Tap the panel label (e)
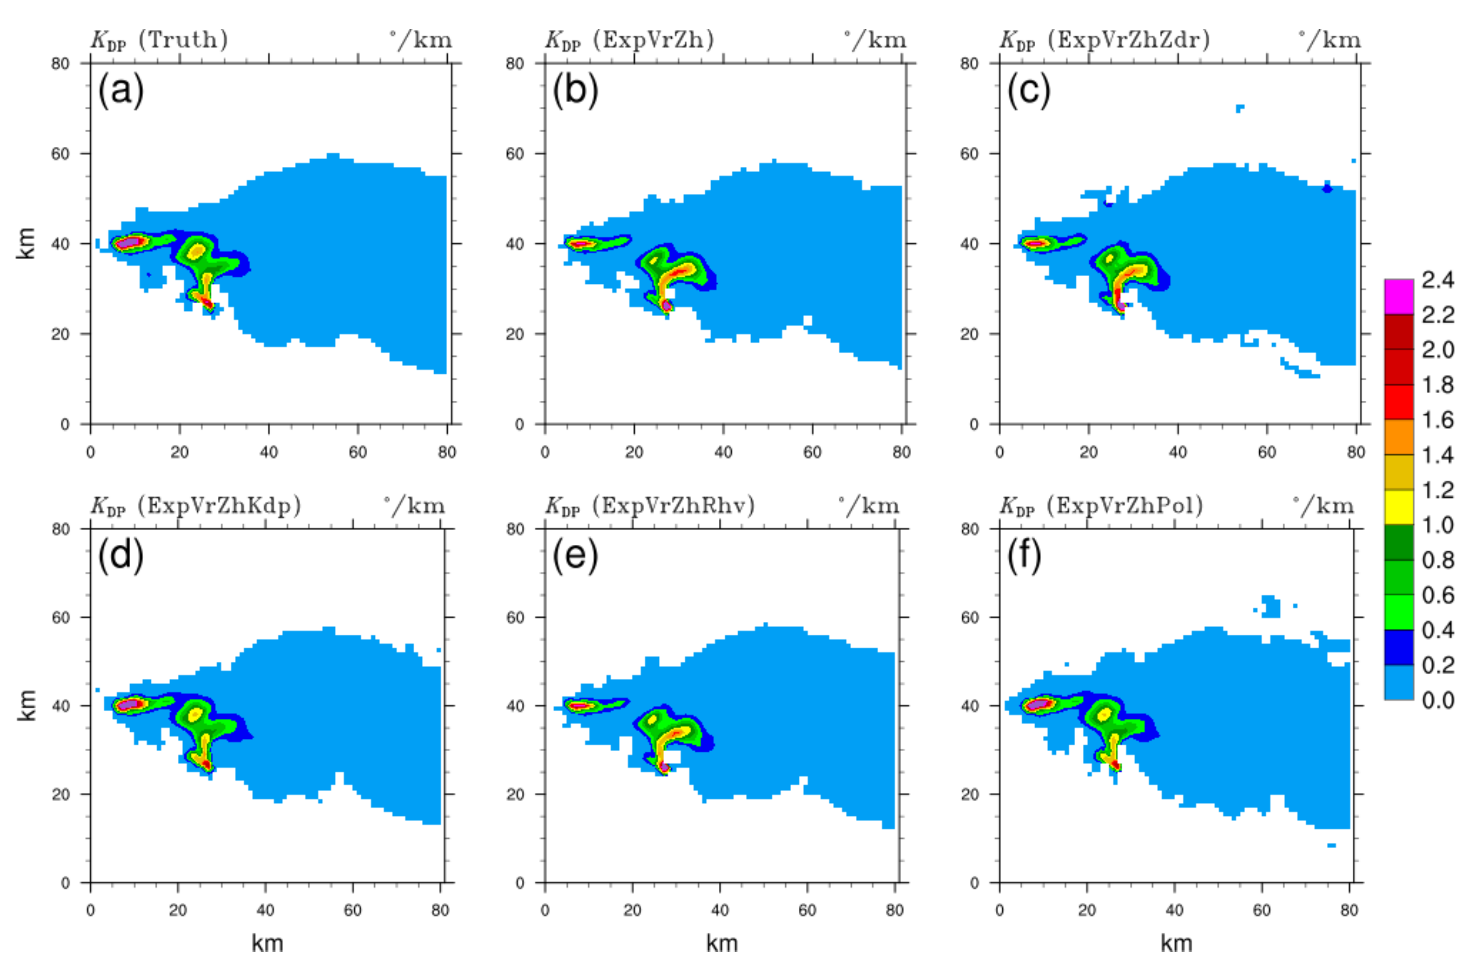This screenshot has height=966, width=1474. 575,555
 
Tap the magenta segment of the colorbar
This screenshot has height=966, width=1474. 1399,296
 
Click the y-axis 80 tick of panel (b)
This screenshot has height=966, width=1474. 515,63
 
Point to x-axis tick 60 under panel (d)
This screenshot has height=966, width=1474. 352,910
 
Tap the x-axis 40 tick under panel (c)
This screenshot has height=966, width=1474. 1178,452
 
